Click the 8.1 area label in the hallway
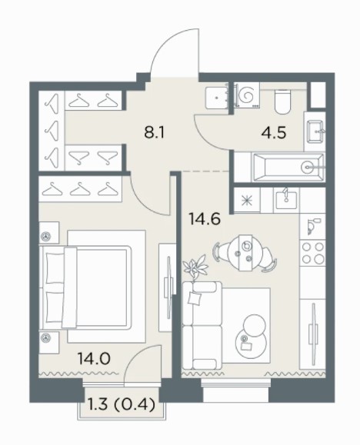coord(155,132)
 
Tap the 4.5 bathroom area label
coord(274,132)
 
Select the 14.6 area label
coord(205,219)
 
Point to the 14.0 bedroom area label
coord(94,358)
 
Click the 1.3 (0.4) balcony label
coord(122,404)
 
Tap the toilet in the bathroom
coord(282,101)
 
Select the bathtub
coord(288,168)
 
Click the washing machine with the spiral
coord(247,95)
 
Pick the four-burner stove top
coord(313,252)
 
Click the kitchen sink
coord(286,197)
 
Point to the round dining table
coord(245,253)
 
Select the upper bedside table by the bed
coord(48,233)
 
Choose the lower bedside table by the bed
coord(49,342)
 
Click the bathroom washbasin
coord(315,131)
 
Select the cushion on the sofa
coord(195,298)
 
